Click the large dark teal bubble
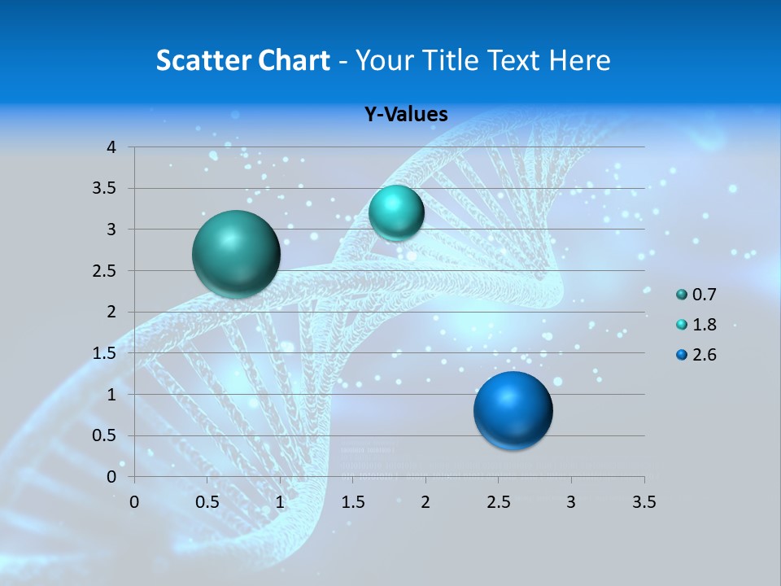pos(236,254)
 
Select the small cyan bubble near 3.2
pos(396,212)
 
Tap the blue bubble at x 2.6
pos(513,409)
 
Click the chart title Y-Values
pos(406,115)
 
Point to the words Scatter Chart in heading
pos(243,60)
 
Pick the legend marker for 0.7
pos(682,295)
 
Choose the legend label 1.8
pos(705,325)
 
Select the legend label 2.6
pos(705,355)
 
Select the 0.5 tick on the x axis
pos(207,501)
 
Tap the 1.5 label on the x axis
pos(352,501)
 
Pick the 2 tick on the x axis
pos(425,501)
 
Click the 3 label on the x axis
pos(571,501)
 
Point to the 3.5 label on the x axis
pos(644,501)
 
